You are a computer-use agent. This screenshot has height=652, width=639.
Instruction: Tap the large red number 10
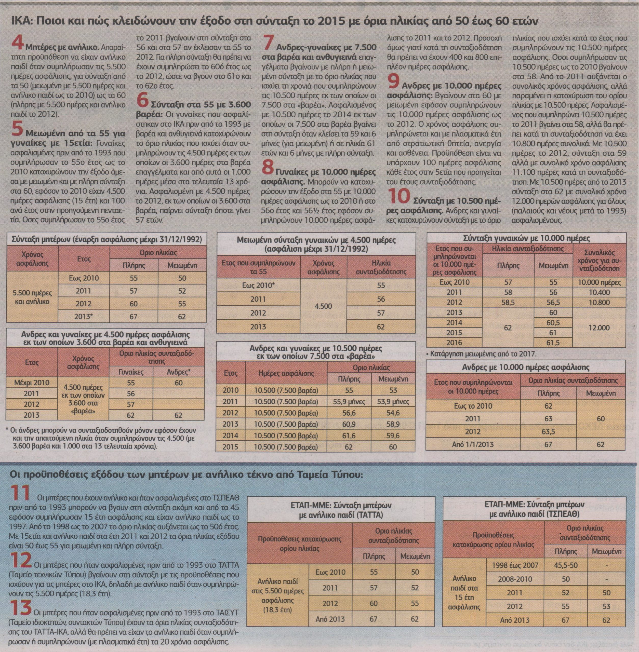coord(399,197)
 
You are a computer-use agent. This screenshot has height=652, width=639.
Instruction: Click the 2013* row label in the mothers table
coord(84,316)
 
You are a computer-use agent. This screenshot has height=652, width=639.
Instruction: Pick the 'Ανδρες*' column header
coord(179,372)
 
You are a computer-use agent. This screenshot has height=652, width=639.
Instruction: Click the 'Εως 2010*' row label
coord(258,285)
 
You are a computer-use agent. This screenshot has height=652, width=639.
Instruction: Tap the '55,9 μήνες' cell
coord(349,401)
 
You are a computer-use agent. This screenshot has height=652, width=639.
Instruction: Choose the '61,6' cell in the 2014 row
coord(349,436)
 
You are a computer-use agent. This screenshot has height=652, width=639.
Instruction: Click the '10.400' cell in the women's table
coord(599,292)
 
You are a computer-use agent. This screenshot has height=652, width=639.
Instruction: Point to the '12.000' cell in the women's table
coord(599,328)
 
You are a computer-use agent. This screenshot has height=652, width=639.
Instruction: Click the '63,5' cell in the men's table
coord(548,431)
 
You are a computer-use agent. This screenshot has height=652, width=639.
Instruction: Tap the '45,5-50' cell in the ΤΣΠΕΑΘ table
coord(566,565)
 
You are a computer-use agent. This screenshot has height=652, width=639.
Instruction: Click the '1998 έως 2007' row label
coord(514,565)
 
